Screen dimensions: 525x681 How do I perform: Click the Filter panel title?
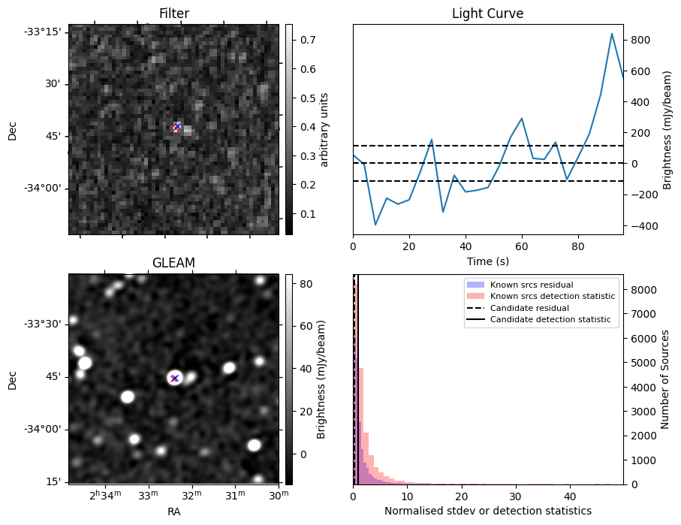(174, 14)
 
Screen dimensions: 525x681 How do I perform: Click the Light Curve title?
(487, 14)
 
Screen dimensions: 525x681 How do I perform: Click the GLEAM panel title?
(174, 262)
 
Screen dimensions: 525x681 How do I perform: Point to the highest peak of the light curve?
(612, 34)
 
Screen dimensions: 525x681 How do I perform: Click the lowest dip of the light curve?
(375, 225)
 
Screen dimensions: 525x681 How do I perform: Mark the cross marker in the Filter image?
(177, 127)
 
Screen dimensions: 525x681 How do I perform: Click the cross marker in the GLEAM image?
(174, 378)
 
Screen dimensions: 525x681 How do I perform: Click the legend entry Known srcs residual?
(531, 285)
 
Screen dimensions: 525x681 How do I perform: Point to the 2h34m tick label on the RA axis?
(104, 495)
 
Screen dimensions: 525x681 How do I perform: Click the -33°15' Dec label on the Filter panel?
(43, 32)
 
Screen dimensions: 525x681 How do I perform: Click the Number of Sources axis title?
(665, 380)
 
